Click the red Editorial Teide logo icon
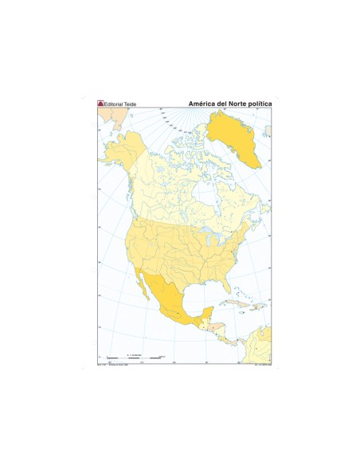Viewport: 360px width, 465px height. pos(100,104)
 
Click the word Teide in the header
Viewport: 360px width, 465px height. pos(134,104)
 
